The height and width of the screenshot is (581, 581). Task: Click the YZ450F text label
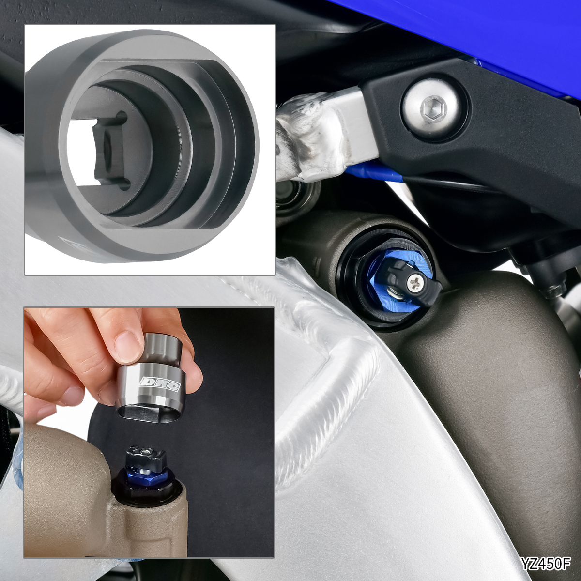pos(546,564)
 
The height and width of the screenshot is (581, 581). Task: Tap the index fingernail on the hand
pos(127,347)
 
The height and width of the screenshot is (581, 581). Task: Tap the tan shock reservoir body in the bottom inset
pos(91,498)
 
